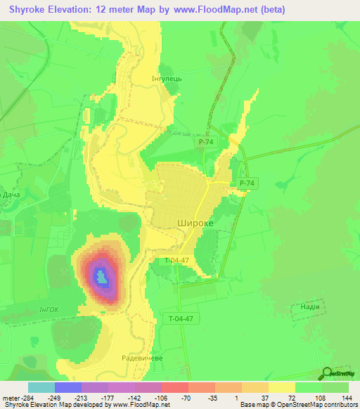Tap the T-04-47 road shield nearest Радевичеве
[181, 318]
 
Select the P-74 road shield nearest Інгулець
[205, 142]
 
